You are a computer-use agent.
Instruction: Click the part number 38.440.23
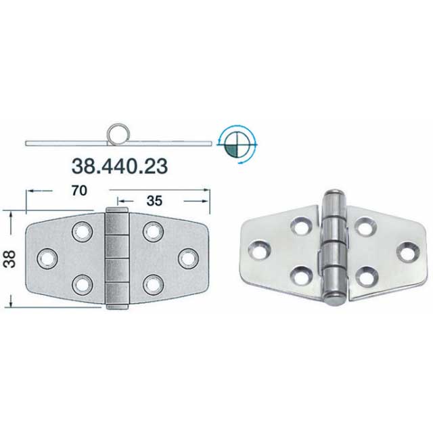tap(120, 166)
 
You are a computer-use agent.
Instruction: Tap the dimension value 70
tap(79, 191)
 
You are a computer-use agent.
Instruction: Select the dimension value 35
tap(154, 201)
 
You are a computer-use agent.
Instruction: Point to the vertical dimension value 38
tap(9, 258)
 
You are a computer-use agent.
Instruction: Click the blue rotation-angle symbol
tap(237, 144)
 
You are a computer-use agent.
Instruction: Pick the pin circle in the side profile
tap(118, 134)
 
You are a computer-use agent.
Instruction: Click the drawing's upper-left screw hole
tap(83, 231)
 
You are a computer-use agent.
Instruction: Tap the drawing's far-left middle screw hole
tap(47, 258)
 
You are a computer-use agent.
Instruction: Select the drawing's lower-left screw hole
tap(83, 285)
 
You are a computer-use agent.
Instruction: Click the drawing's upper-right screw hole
tap(154, 231)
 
